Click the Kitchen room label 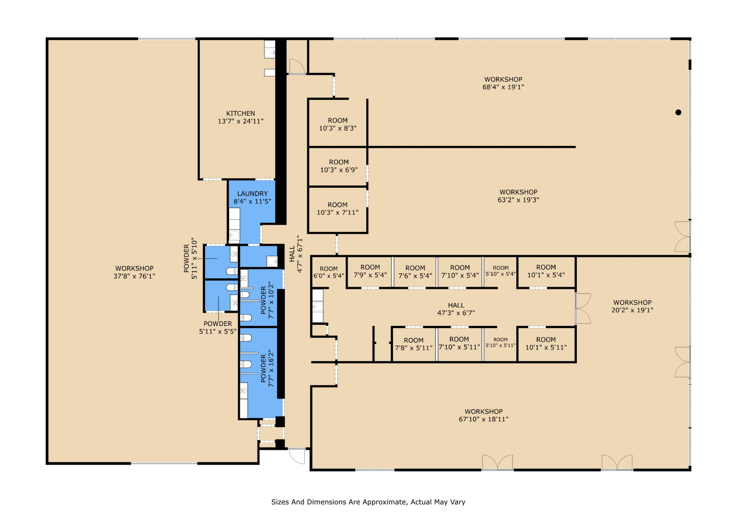click(240, 117)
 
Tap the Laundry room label click(252, 197)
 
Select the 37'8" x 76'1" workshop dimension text click(134, 276)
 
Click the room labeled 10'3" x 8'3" click(338, 124)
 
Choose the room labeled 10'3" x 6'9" click(339, 166)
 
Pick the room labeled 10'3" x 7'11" click(337, 208)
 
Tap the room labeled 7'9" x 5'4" click(370, 271)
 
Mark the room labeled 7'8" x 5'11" click(413, 344)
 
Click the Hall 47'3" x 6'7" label click(456, 309)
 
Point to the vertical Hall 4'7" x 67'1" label click(296, 254)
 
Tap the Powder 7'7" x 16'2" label click(267, 368)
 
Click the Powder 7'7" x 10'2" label click(267, 300)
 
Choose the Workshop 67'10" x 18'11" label click(484, 415)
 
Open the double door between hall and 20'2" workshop click(583, 308)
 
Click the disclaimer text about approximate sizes click(368, 502)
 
